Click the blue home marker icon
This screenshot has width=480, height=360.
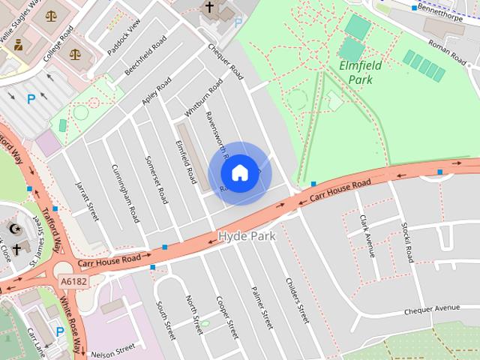239,172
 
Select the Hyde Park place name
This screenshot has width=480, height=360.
247,236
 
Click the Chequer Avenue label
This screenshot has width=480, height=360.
431,308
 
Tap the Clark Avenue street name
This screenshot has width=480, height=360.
367,235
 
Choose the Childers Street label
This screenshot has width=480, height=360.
298,301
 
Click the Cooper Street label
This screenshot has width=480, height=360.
226,316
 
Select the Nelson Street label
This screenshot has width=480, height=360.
114,349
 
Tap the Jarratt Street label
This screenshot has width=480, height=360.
88,200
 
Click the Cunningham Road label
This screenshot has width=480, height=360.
124,193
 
